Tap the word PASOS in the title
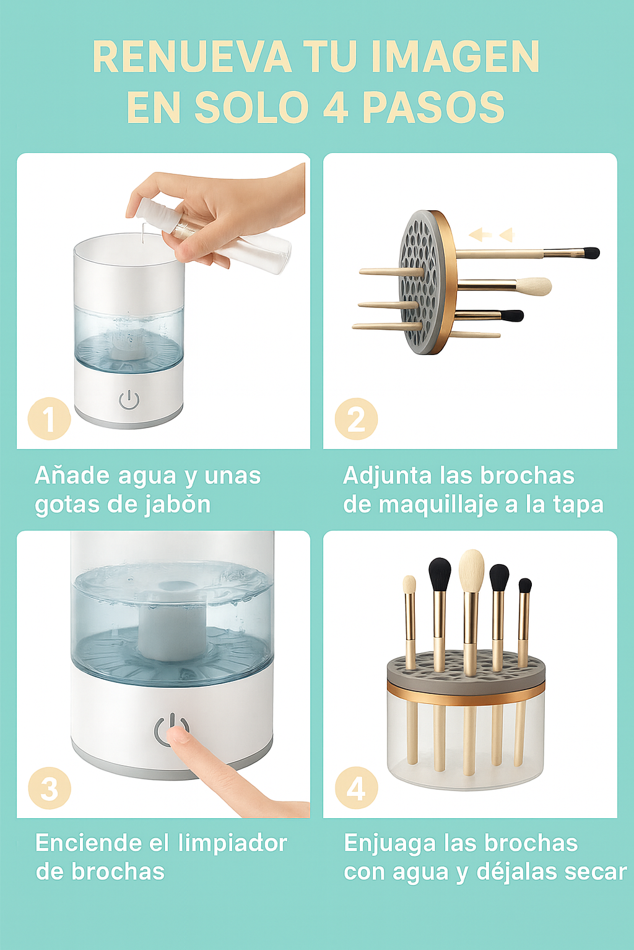point(433,108)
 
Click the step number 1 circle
point(50,419)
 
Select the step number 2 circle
point(356,419)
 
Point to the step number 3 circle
point(50,788)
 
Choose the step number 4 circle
point(356,788)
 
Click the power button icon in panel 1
point(129,400)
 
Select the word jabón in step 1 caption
point(178,505)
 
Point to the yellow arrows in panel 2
point(491,234)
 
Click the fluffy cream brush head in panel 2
point(534,286)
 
